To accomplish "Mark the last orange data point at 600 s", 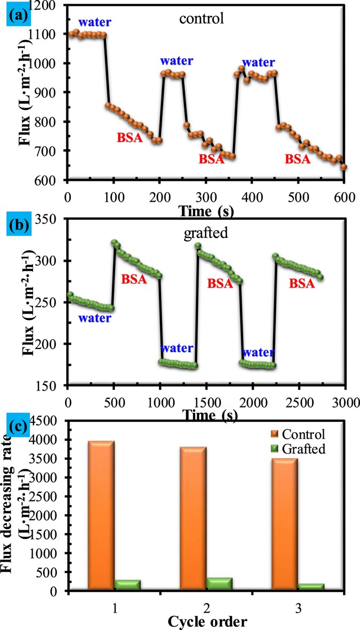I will [x=344, y=166].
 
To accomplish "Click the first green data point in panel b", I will [x=70, y=294].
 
